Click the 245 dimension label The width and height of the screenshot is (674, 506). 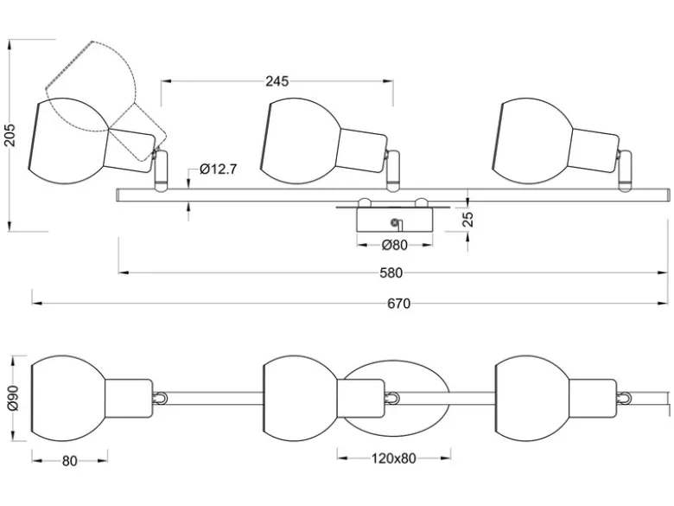277,81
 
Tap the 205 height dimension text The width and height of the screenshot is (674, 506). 9,135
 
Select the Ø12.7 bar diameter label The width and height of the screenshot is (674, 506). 219,169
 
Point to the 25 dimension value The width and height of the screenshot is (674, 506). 469,219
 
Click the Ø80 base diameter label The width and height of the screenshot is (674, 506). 395,245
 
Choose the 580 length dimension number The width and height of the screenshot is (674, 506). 391,272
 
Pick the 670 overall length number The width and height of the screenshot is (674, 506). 399,304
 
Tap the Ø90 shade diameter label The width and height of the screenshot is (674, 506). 13,399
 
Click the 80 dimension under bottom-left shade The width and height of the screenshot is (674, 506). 70,461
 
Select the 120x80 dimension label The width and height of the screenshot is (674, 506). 394,458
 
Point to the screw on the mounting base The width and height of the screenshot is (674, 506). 393,222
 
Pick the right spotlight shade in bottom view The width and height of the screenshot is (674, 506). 533,399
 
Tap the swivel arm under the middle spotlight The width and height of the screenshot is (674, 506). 393,170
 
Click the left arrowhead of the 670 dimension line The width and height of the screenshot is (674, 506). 36,304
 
